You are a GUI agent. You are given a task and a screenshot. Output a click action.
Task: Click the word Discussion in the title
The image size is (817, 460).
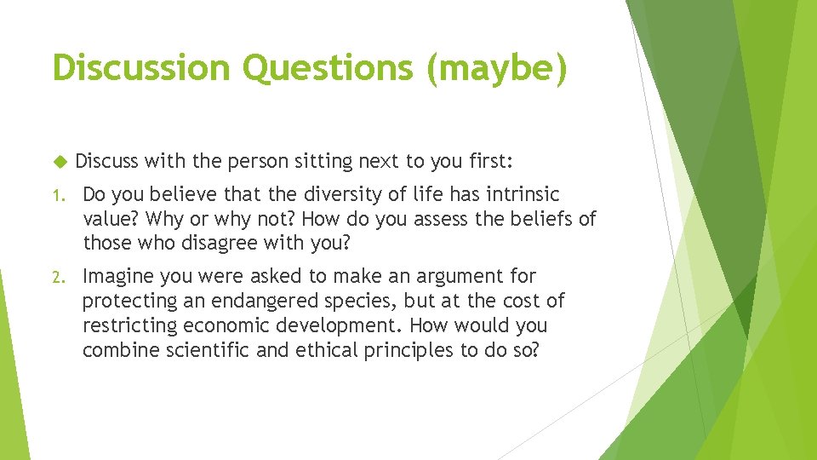click(x=140, y=68)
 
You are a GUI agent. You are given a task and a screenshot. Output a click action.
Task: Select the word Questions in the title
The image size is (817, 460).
click(x=328, y=68)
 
